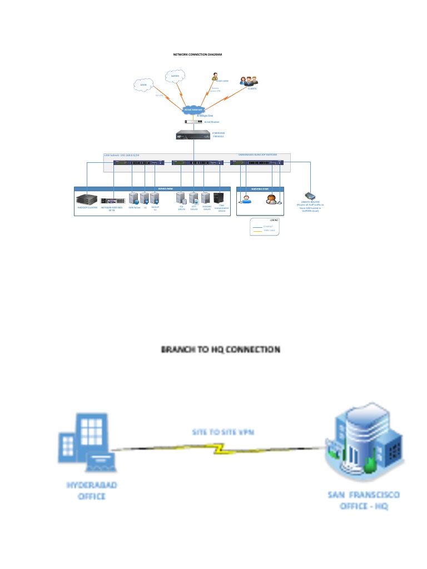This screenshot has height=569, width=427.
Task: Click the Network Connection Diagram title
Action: pyautogui.click(x=197, y=54)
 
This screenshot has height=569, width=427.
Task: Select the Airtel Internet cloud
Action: pyautogui.click(x=193, y=109)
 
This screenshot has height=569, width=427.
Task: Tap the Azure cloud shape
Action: pyautogui.click(x=143, y=85)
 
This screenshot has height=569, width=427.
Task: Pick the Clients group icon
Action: pyautogui.click(x=249, y=81)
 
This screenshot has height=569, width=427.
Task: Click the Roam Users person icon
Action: pyautogui.click(x=214, y=76)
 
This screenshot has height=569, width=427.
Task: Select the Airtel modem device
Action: pyautogui.click(x=193, y=122)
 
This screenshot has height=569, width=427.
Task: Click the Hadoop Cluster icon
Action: pyautogui.click(x=87, y=198)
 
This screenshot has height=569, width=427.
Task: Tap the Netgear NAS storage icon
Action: pyautogui.click(x=111, y=201)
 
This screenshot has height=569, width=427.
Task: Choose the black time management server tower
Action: pyautogui.click(x=220, y=198)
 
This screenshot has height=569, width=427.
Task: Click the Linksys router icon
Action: pyautogui.click(x=311, y=196)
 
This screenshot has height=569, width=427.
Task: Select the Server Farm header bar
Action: pyautogui.click(x=165, y=189)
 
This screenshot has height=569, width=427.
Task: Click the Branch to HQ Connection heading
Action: pyautogui.click(x=220, y=350)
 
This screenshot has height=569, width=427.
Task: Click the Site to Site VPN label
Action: pyautogui.click(x=222, y=432)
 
